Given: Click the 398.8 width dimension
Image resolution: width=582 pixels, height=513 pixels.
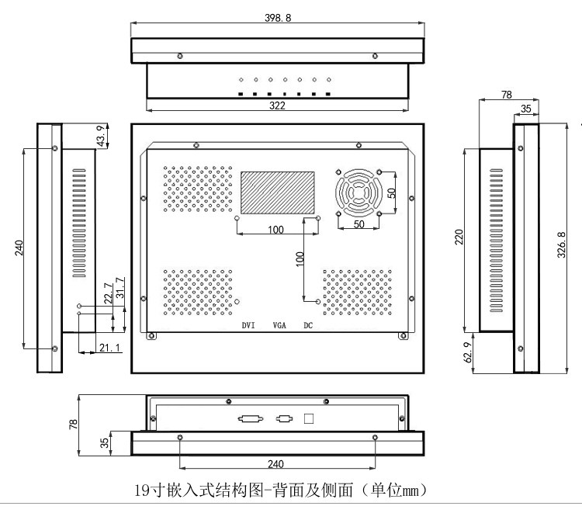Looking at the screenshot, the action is [x=278, y=18].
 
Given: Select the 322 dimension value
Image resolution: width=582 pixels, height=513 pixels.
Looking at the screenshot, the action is [x=277, y=106].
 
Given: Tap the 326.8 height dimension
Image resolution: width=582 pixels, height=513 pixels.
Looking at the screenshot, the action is [x=561, y=244].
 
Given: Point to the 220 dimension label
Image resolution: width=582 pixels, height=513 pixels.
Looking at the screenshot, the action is [x=459, y=237].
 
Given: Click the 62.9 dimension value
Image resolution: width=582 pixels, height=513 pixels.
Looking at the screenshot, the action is [x=468, y=352].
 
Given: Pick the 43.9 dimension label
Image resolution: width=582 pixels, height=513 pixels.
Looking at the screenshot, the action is [x=100, y=136].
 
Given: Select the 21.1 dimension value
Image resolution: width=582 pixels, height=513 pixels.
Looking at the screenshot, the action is [x=110, y=348].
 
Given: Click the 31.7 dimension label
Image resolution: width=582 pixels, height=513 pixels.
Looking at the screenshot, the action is [x=120, y=288].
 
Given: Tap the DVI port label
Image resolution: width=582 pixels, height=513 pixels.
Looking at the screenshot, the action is [x=248, y=325].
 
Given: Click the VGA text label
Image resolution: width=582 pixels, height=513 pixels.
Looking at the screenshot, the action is [x=279, y=325].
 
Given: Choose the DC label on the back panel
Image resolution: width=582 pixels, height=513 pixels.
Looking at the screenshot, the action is [x=308, y=325].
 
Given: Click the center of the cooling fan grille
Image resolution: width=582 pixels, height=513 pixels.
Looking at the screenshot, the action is [x=359, y=193].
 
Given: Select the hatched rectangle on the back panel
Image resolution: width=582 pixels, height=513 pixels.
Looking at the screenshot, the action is [x=278, y=192].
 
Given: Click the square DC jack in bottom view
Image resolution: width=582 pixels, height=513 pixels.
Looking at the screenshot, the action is [x=308, y=419].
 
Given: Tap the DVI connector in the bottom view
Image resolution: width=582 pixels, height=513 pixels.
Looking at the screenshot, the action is [x=251, y=419].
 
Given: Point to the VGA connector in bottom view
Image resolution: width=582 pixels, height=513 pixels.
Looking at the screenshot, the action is [x=284, y=419].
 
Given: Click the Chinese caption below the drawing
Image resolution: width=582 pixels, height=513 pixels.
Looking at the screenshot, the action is [x=280, y=490].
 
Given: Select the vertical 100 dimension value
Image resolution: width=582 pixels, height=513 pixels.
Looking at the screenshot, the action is [x=300, y=259].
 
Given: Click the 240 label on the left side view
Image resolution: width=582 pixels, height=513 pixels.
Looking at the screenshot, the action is [x=19, y=248].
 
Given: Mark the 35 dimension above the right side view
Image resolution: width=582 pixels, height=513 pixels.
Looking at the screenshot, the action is [x=526, y=109].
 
